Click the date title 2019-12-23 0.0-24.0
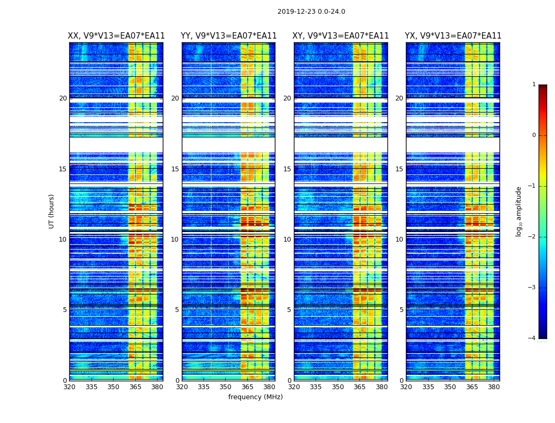click(x=311, y=12)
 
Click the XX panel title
click(x=116, y=36)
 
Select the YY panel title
click(x=228, y=36)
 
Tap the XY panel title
click(x=341, y=36)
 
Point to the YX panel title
click(x=453, y=36)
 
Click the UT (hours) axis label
click(x=52, y=211)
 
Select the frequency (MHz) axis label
click(x=255, y=397)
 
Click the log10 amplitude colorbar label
click(x=519, y=211)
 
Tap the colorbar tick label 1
click(x=533, y=85)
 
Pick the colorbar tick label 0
click(x=533, y=135)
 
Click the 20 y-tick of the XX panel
click(x=63, y=98)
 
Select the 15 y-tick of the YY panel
click(x=175, y=169)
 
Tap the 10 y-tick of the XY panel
click(x=287, y=240)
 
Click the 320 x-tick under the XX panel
click(x=69, y=387)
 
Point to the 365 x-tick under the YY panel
click(x=247, y=387)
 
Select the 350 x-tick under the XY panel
click(x=338, y=387)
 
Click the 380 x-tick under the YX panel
click(x=494, y=387)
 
